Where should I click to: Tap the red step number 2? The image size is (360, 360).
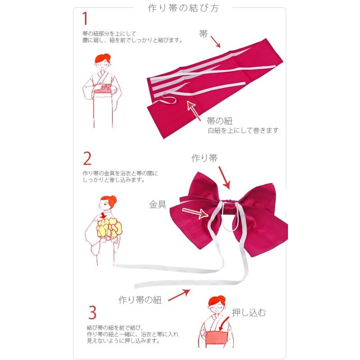tap(87, 159)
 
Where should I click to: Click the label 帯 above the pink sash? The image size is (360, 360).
tap(204, 34)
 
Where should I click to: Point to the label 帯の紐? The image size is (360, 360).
tap(220, 121)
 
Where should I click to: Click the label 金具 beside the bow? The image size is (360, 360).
tap(158, 205)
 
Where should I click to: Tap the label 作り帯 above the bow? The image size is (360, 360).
tap(204, 158)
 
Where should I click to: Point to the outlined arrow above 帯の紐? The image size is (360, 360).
tap(194, 110)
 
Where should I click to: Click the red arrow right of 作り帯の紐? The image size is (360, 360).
tap(179, 295)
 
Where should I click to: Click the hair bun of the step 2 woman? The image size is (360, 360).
tap(113, 198)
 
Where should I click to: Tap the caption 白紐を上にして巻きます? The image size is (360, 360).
tap(243, 131)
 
